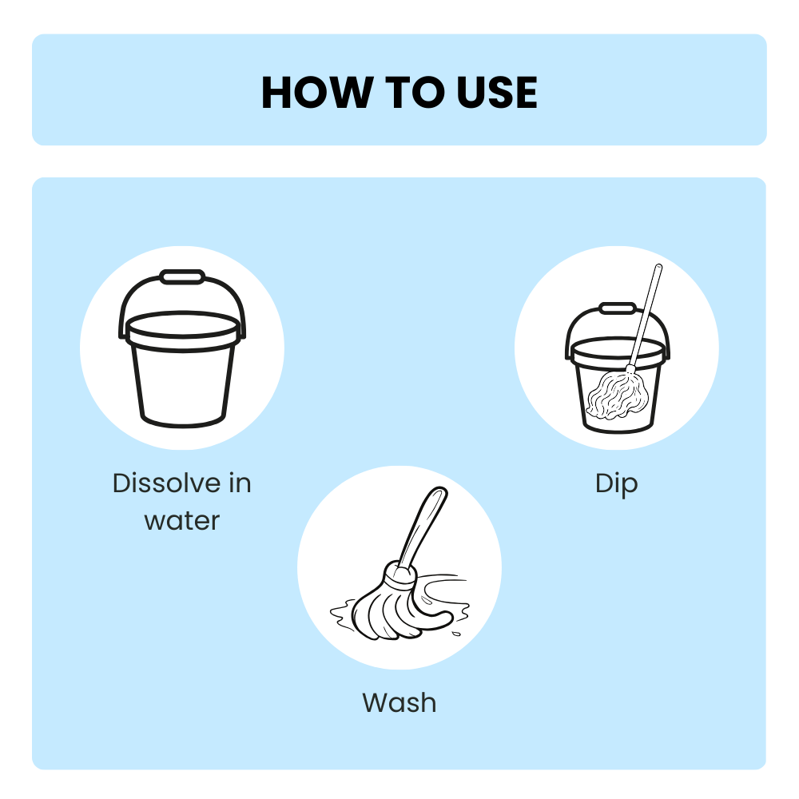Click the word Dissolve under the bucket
tap(165, 483)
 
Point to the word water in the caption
tap(182, 521)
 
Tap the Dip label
tap(617, 483)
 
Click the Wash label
tap(399, 703)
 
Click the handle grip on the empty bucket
tap(182, 277)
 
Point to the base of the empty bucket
tap(182, 419)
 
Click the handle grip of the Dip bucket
tap(617, 308)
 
